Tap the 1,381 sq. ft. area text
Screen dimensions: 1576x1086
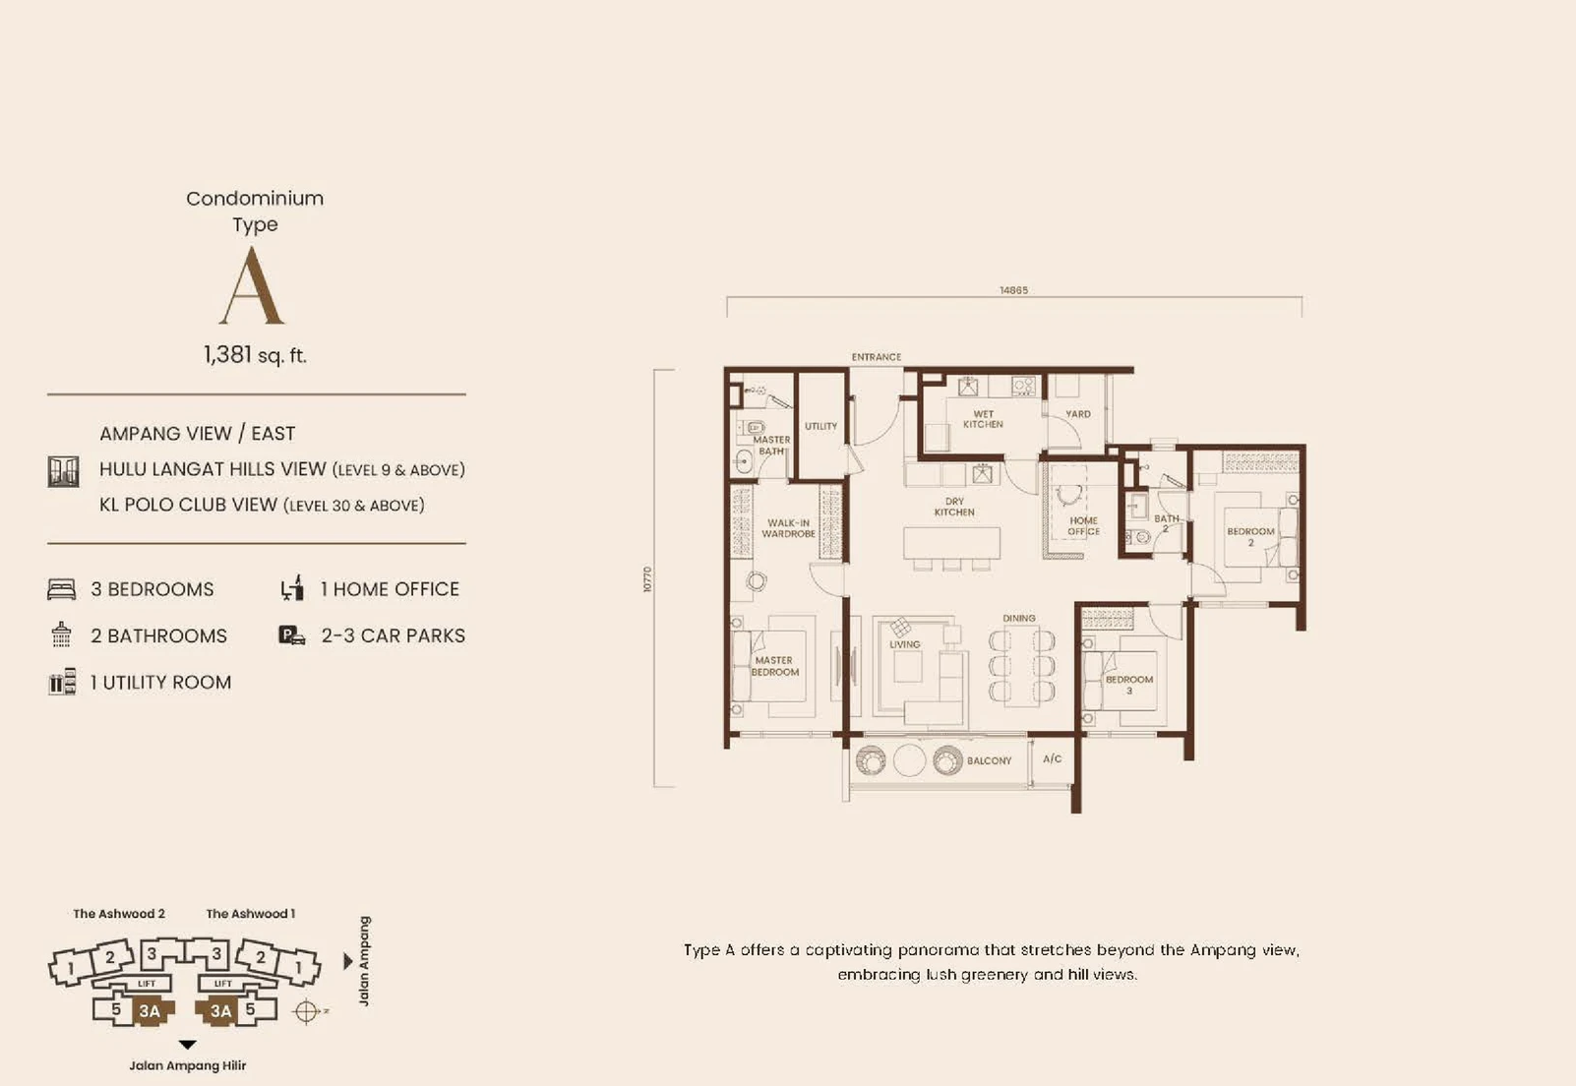tap(256, 354)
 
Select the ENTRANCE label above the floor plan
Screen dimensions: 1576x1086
tap(876, 357)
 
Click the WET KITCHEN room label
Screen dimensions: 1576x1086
tap(983, 419)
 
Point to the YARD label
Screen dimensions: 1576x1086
tap(1078, 414)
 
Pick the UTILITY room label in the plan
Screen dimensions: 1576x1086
tap(821, 426)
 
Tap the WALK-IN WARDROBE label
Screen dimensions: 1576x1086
tap(789, 528)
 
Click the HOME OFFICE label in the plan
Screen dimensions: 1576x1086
tap(1083, 526)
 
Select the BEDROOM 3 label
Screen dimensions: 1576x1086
tap(1129, 685)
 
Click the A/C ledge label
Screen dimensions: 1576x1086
tap(1053, 758)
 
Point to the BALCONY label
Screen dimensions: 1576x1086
tap(990, 761)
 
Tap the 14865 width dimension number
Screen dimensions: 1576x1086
tap(1014, 290)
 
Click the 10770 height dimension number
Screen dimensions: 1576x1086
tap(648, 579)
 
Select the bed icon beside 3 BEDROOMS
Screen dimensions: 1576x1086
tap(61, 589)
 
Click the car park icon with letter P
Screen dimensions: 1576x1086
tap(292, 635)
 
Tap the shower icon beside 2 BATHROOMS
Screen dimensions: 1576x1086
tap(61, 634)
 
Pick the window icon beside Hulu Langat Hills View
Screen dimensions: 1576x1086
tap(63, 471)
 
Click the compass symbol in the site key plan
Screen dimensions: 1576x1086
tap(306, 1011)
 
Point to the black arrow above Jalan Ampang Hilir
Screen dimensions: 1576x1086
tap(187, 1046)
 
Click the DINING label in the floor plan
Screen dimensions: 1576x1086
tap(1019, 619)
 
